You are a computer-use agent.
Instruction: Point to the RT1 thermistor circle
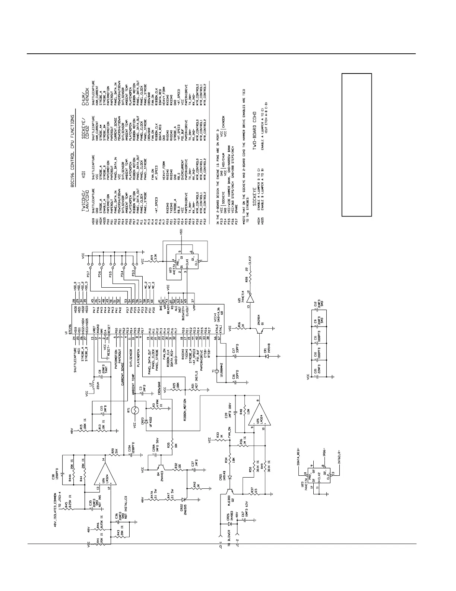tap(136, 410)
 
